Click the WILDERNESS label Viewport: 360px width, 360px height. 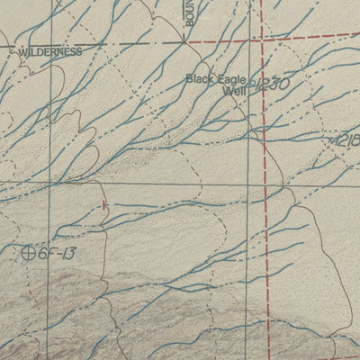click(x=49, y=52)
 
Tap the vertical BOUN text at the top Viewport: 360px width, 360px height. click(x=190, y=18)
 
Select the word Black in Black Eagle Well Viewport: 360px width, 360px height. click(x=200, y=79)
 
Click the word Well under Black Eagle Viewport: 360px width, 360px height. click(x=234, y=91)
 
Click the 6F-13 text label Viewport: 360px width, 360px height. click(x=56, y=254)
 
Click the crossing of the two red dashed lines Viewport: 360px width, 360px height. click(x=263, y=40)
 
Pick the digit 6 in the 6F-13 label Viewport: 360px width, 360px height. click(x=42, y=254)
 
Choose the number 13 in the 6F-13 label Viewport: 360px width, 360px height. click(x=67, y=254)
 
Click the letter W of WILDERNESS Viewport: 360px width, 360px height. click(x=22, y=52)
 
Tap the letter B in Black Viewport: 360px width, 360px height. click(x=189, y=79)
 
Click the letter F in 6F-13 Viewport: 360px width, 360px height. click(x=50, y=254)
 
